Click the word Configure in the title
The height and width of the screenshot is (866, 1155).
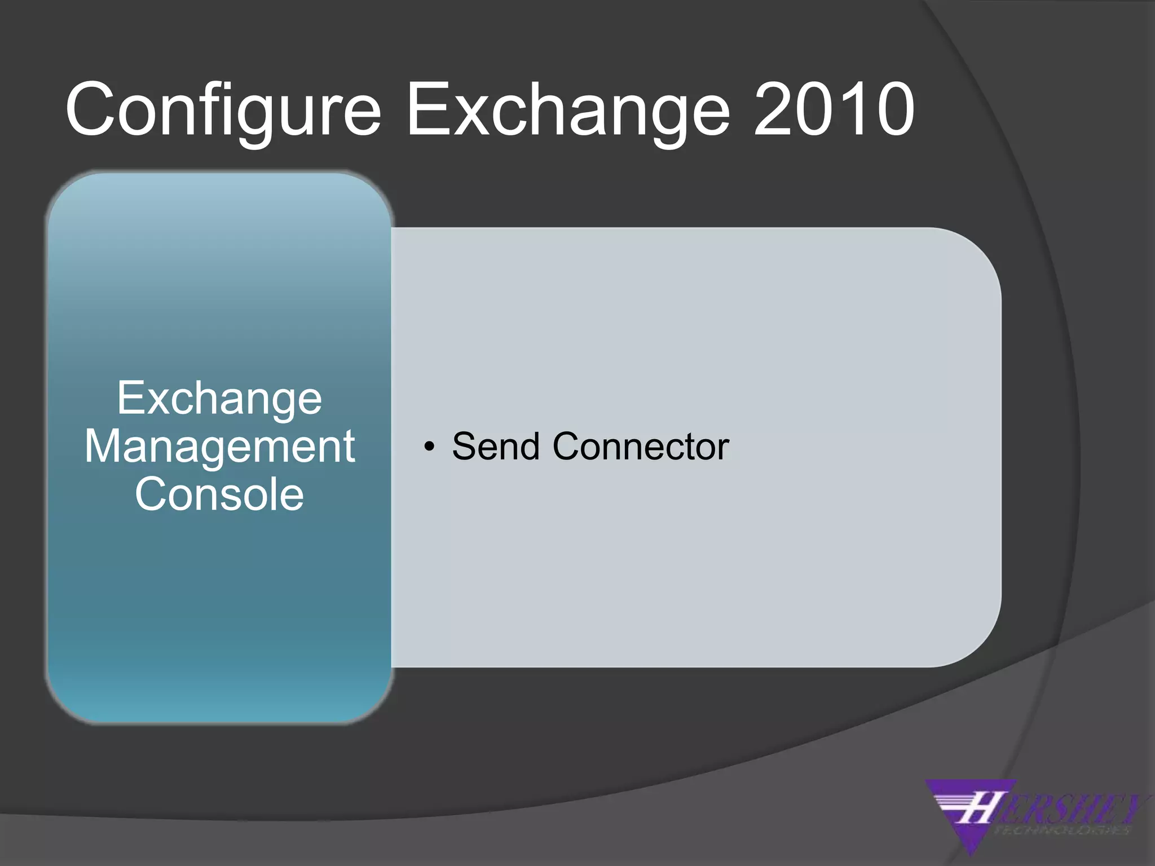[223, 110]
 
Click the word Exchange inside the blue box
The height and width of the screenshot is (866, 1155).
[219, 399]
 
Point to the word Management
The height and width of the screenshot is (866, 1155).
[219, 447]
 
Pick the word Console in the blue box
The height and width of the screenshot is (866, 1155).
[219, 494]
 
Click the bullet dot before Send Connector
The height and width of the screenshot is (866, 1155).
[430, 447]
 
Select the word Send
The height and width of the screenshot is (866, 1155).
[496, 447]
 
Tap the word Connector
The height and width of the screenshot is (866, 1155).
[641, 447]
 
